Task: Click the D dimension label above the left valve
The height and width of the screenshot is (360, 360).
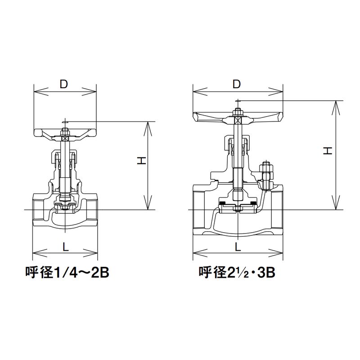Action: click(x=64, y=84)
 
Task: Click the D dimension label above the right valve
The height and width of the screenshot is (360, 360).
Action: click(x=237, y=84)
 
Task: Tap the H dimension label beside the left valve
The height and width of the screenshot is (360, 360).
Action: click(x=142, y=161)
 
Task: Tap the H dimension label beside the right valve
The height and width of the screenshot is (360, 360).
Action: click(x=328, y=150)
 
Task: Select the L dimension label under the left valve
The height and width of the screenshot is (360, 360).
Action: click(x=66, y=247)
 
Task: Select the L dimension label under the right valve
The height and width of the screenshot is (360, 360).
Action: click(x=238, y=247)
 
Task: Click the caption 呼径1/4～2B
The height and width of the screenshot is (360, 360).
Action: click(x=67, y=273)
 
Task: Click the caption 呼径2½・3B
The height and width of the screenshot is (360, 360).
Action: click(x=237, y=273)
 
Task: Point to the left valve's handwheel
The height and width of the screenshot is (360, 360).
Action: click(x=65, y=135)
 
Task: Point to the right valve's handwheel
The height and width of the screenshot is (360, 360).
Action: click(x=238, y=117)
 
